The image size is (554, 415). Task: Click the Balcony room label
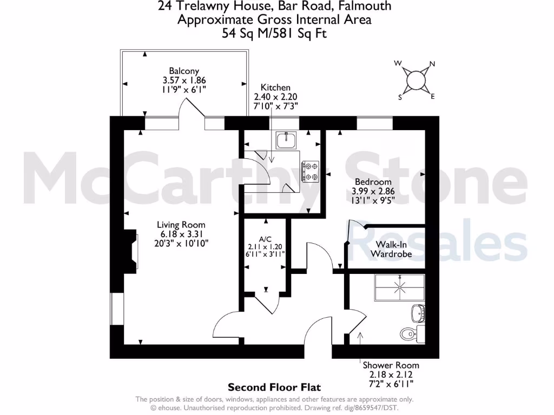[184, 71]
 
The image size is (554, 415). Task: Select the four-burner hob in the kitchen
[311, 170]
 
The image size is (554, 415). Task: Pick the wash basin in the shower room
[418, 312]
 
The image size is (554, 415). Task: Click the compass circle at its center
[415, 81]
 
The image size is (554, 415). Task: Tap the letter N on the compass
[432, 64]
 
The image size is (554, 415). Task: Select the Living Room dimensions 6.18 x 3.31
[181, 234]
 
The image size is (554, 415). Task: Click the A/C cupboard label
[265, 238]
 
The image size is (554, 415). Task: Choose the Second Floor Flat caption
[274, 387]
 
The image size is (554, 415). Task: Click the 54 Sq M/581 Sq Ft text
[274, 33]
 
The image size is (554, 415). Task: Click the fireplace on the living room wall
[130, 250]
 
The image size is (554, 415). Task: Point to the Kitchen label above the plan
[275, 88]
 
